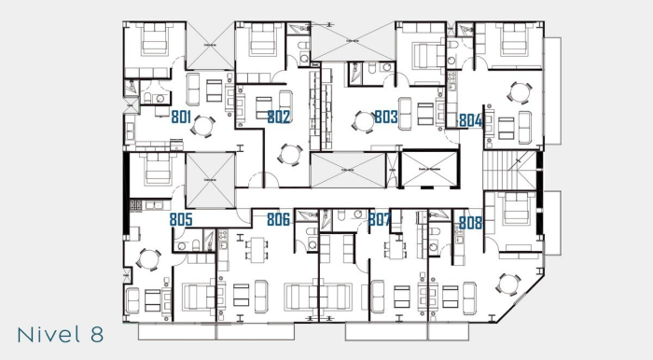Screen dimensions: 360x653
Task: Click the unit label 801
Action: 182,117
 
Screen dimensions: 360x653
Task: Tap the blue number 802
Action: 279,118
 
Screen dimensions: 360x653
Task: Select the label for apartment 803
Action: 386,118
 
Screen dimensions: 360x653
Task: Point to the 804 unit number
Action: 470,120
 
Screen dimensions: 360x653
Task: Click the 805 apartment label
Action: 181,220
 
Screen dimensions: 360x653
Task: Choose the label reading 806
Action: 278,220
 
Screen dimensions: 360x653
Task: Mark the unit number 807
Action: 379,220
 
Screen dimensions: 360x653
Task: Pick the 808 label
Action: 470,223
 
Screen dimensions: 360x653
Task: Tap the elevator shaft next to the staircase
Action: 428,172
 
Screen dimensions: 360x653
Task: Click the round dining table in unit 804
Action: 518,92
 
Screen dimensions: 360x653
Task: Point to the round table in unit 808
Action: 508,283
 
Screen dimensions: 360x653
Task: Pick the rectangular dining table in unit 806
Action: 257,249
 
